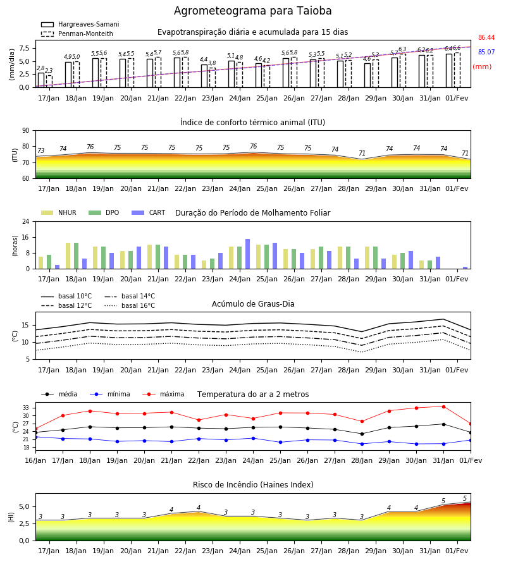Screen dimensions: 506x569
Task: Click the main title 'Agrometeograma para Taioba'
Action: (x=252, y=11)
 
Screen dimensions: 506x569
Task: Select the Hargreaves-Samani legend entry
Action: (x=80, y=24)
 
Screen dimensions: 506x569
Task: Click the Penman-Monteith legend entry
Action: (x=77, y=34)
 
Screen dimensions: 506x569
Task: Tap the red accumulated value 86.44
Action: (x=486, y=37)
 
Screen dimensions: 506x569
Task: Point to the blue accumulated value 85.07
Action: (x=486, y=52)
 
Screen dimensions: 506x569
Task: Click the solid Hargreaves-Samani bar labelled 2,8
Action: (x=41, y=80)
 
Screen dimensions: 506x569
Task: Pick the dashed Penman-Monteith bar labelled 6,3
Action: (x=403, y=71)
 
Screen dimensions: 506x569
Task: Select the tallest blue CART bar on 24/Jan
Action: (x=247, y=254)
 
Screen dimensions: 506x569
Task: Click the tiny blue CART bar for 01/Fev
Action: (x=466, y=268)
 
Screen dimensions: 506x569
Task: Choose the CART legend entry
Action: (x=148, y=212)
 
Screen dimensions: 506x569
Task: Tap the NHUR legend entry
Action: (x=58, y=212)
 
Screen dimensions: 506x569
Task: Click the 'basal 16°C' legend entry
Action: (x=129, y=305)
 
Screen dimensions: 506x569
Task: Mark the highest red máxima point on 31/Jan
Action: (x=443, y=407)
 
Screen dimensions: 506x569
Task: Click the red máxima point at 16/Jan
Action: (x=35, y=429)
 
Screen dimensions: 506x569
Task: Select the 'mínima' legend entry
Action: (x=109, y=394)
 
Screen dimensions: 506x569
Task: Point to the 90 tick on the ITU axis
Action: (x=25, y=131)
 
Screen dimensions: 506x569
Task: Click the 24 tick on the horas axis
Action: (x=25, y=221)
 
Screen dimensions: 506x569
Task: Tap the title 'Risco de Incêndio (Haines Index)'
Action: (x=253, y=485)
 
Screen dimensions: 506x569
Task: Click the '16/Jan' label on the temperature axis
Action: (x=35, y=460)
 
